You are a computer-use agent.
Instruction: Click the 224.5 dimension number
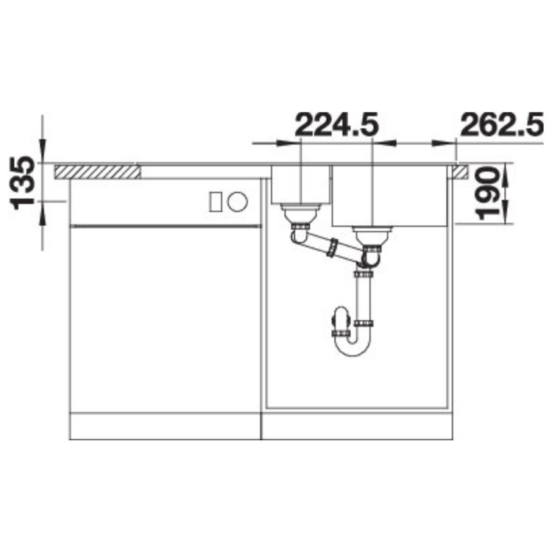pyautogui.click(x=336, y=124)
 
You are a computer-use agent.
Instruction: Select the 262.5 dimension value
pyautogui.click(x=502, y=124)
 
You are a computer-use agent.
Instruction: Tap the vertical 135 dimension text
pyautogui.click(x=23, y=183)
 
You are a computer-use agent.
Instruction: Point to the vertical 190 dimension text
pyautogui.click(x=487, y=194)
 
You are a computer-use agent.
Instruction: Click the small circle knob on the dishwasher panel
pyautogui.click(x=238, y=202)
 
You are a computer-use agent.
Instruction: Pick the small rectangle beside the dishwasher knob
pyautogui.click(x=216, y=202)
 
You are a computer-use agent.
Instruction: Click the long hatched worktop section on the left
pyautogui.click(x=97, y=171)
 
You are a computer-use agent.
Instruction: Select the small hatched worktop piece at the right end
pyautogui.click(x=461, y=171)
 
